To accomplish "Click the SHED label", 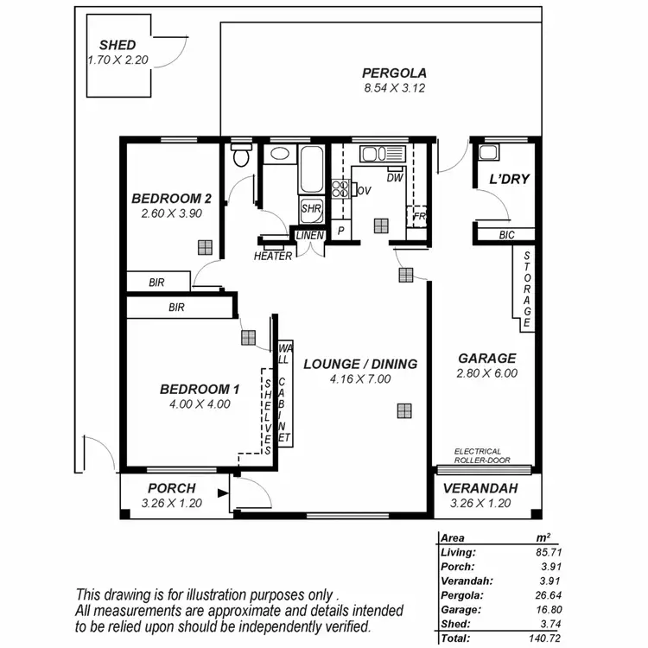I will coord(118,45).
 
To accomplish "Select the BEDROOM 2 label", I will coord(171,197).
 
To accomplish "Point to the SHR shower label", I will coord(310,208).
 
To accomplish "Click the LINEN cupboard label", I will coord(309,235).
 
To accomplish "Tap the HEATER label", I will coord(273,256).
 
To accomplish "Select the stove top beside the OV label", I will coord(340,189).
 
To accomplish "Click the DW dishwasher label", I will coord(395,178).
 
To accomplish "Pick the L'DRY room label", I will coord(509,180).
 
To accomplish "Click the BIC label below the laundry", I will coord(506,234).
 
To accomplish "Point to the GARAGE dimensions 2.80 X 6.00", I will coord(486,373).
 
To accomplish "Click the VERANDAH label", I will coord(480,488).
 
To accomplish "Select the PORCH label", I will coord(171,488).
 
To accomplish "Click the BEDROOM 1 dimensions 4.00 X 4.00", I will coord(200,403).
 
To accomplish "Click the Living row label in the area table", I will coord(456,552).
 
